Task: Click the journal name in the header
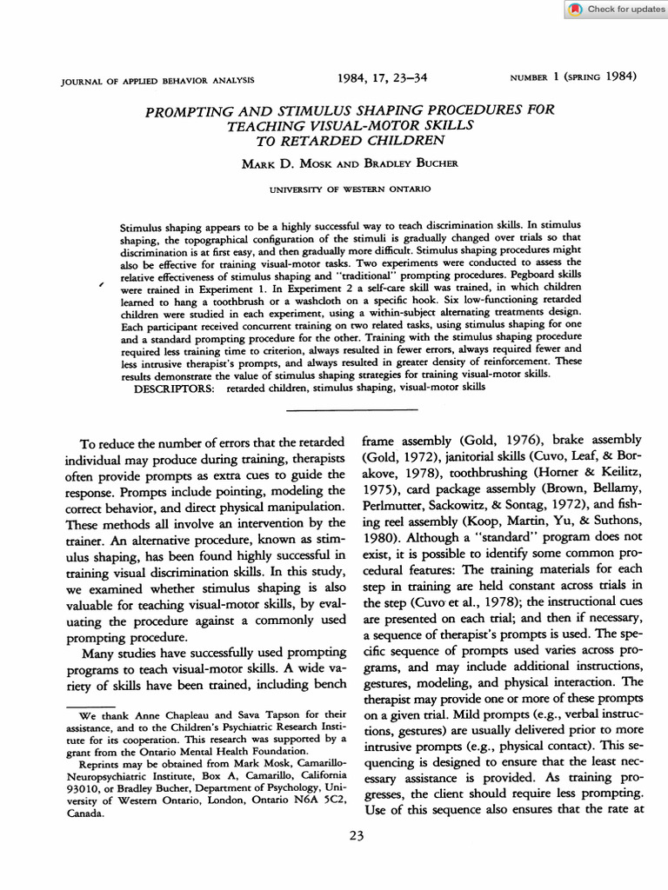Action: (157, 80)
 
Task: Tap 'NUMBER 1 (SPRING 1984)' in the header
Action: (573, 77)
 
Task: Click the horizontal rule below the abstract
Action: (351, 408)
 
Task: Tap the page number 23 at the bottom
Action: (356, 837)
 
